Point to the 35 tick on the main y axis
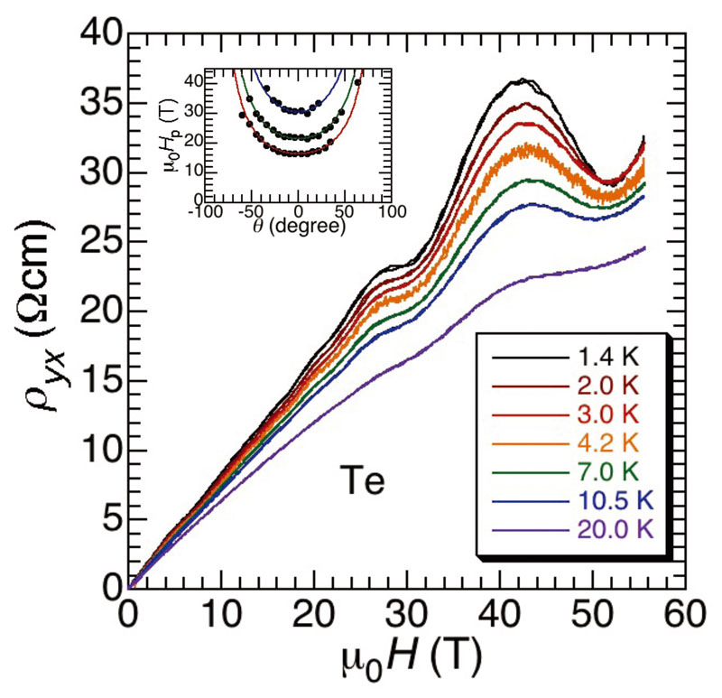tap(98, 105)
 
